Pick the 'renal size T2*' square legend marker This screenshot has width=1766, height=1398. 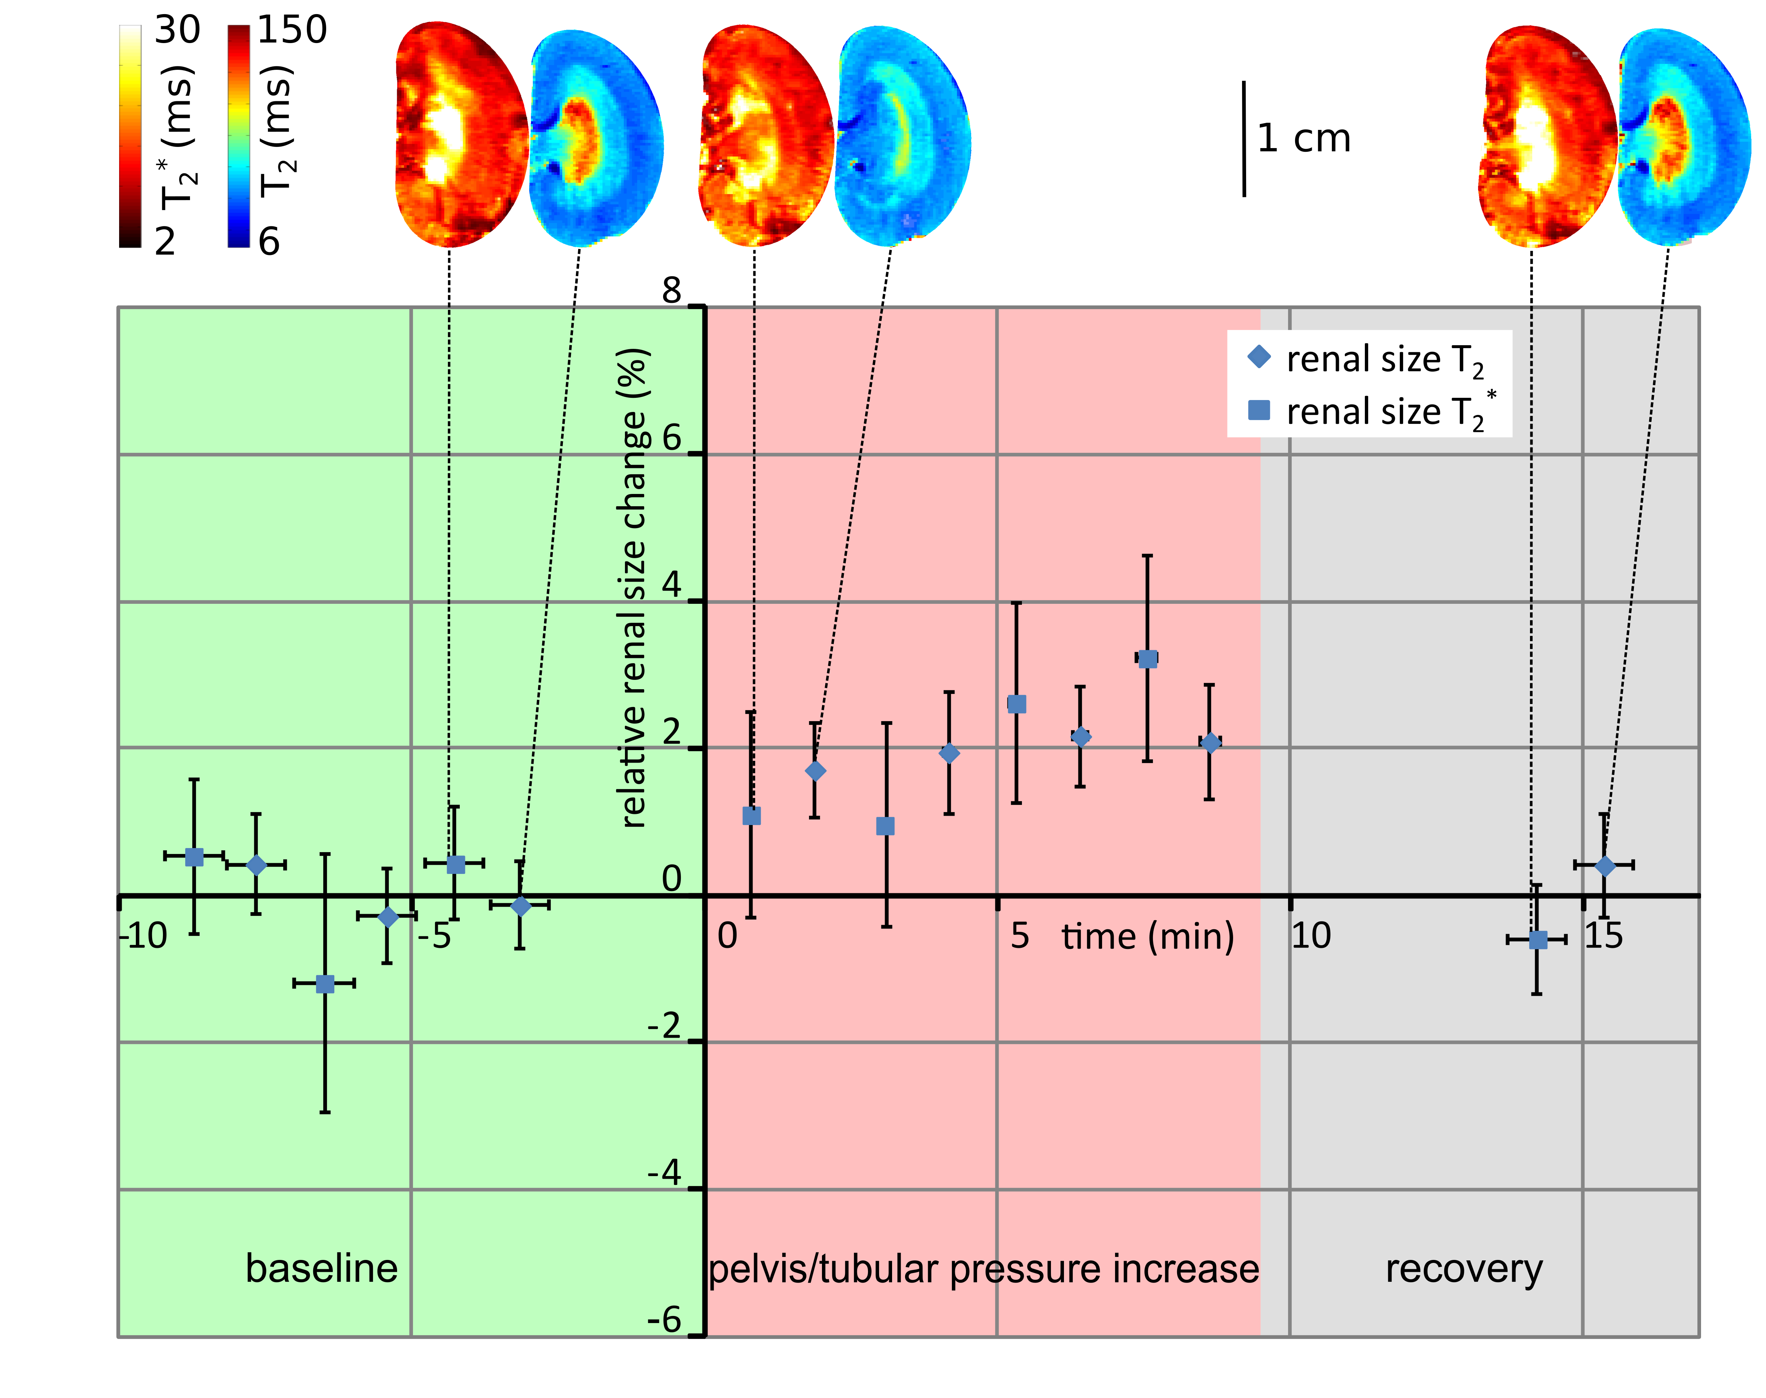point(1259,409)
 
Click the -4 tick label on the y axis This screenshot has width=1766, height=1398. point(665,1173)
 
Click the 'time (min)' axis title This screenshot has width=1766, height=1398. point(1147,936)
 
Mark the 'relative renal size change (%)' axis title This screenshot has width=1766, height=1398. point(634,588)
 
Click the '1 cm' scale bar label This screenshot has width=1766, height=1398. point(1304,138)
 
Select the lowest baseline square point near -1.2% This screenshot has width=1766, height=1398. point(325,983)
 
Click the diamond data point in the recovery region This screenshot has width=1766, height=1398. point(1605,865)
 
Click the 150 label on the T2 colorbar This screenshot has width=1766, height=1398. point(292,30)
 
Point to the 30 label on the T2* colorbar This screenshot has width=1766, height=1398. point(177,30)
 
